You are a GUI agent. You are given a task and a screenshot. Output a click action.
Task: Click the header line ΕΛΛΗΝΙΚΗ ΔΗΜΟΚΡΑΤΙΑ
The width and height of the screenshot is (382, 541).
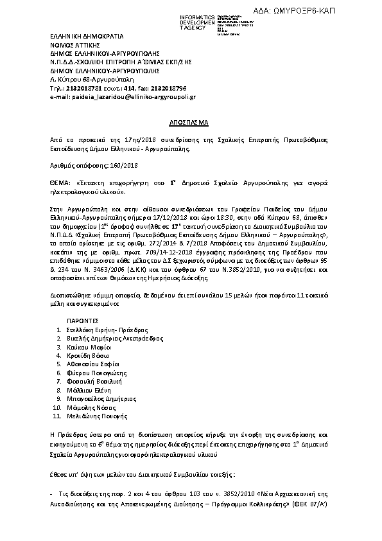(x=87, y=37)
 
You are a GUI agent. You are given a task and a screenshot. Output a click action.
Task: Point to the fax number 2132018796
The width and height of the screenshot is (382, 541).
(x=168, y=87)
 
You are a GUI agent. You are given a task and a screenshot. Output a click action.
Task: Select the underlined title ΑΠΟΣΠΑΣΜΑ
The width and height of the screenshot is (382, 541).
(x=191, y=121)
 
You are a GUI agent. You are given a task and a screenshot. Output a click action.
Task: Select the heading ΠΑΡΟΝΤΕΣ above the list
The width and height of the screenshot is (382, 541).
(x=82, y=319)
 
